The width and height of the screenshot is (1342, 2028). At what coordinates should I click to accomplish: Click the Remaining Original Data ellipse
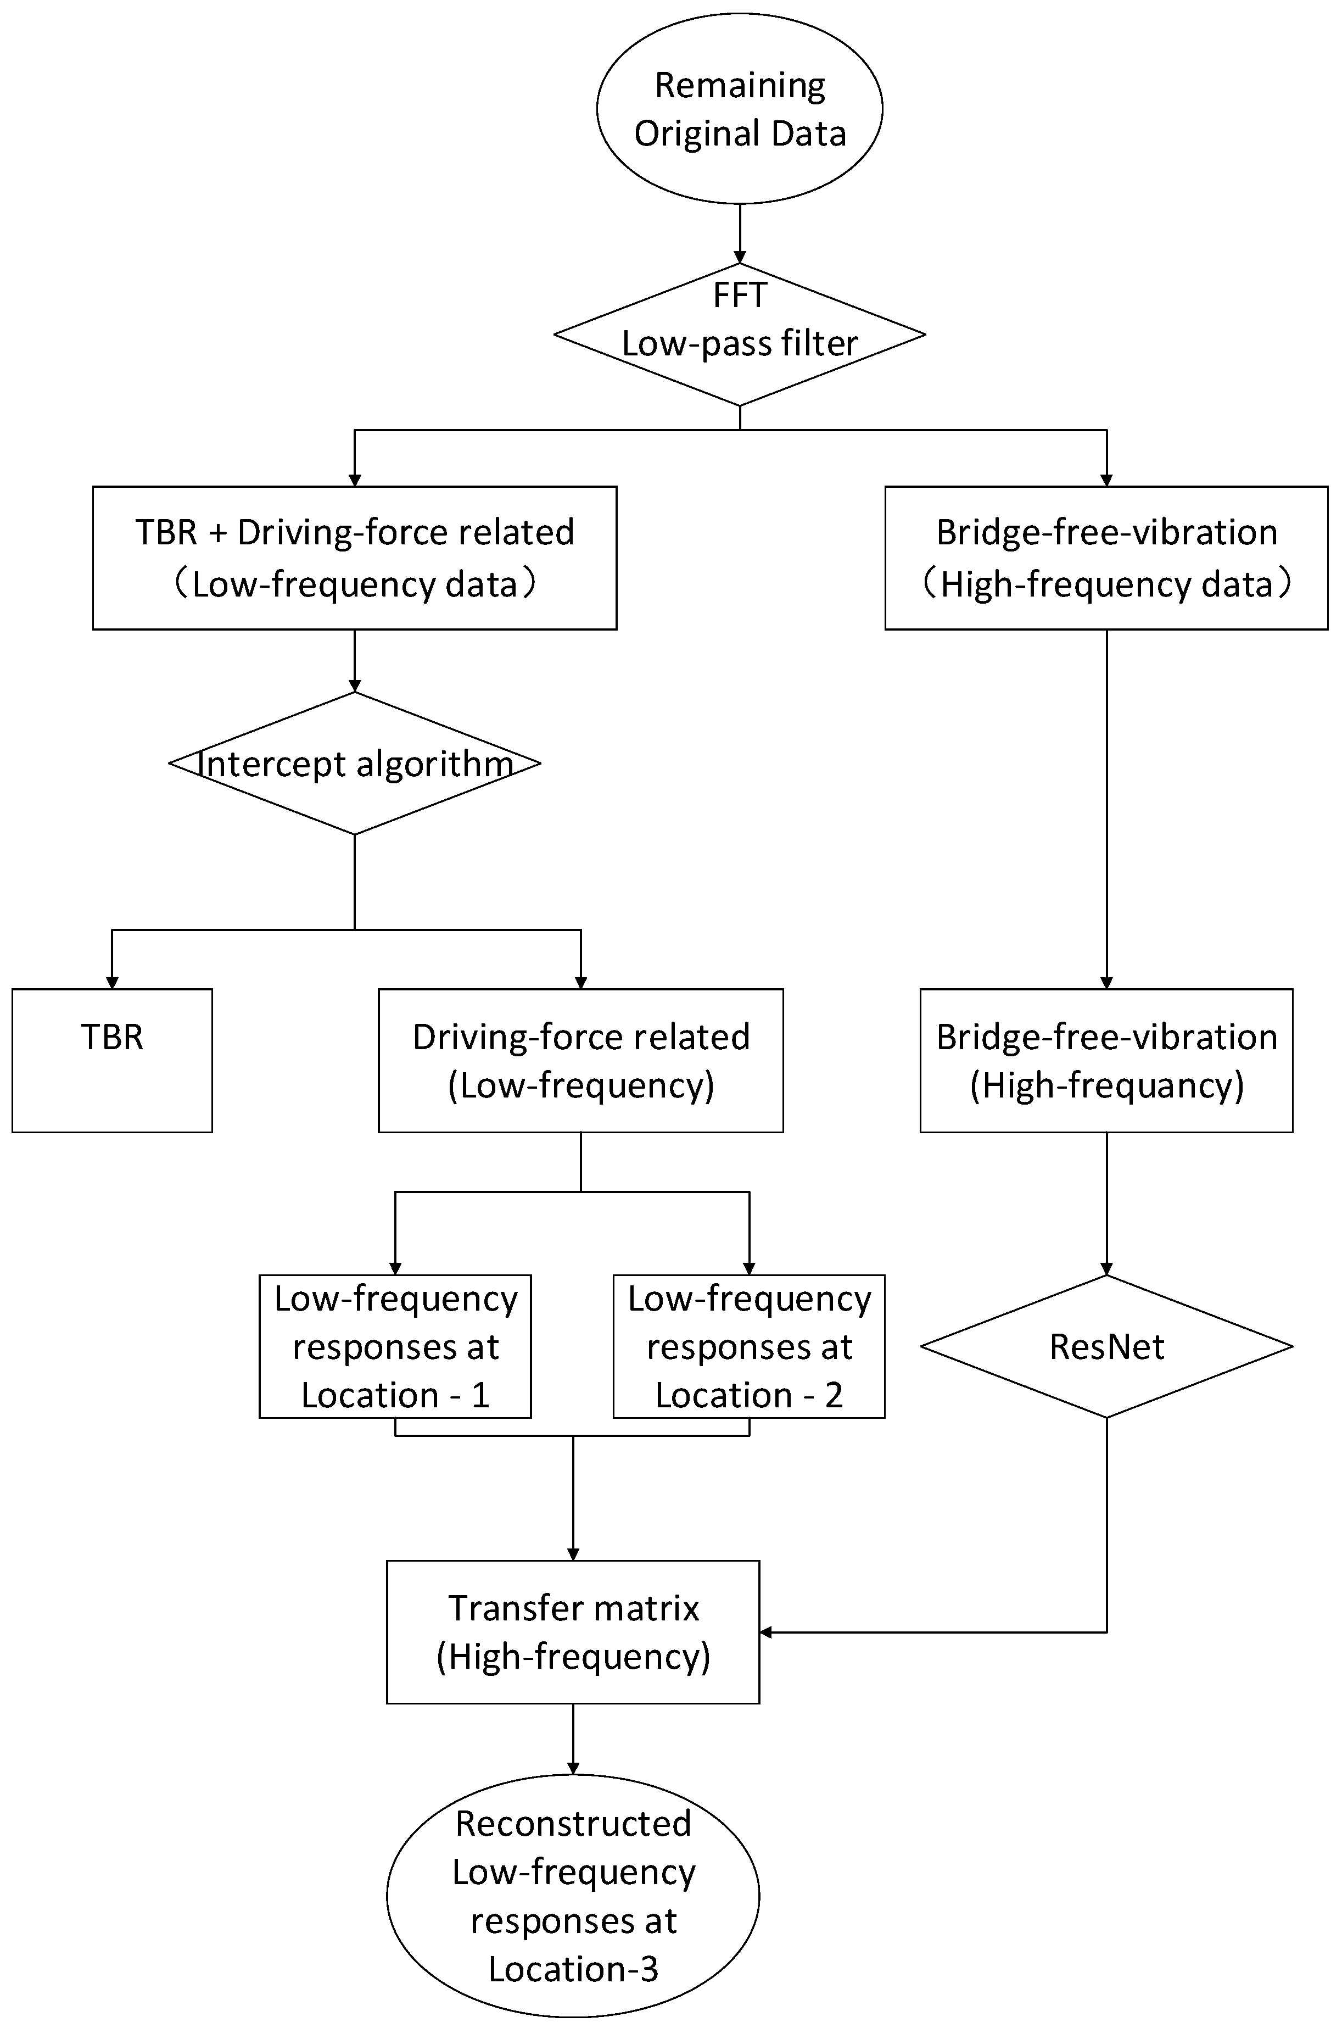740,109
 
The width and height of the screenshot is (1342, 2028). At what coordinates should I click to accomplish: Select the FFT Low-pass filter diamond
740,334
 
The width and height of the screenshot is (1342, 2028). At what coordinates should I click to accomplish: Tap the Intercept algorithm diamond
354,763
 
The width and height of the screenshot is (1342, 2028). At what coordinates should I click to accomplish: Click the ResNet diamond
1106,1346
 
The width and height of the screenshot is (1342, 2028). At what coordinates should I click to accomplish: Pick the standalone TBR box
112,1061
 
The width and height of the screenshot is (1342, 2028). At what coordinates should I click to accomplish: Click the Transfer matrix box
573,1631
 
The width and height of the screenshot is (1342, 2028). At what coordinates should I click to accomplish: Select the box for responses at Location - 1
395,1346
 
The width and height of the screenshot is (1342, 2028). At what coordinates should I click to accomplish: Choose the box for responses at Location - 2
749,1346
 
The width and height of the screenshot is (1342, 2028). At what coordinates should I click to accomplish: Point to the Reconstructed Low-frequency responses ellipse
573,1895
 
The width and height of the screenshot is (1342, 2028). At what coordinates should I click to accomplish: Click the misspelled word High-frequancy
1106,1085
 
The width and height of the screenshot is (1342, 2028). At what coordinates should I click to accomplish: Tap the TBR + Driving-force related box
354,558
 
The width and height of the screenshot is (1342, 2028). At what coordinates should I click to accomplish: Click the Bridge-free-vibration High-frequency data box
1106,558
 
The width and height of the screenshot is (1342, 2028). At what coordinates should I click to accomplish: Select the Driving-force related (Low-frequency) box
580,1061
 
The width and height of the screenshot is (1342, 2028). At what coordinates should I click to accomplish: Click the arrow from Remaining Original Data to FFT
740,233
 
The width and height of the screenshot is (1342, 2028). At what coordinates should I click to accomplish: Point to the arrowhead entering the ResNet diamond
1106,1269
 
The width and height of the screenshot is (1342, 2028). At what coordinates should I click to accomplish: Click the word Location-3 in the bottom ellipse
573,1969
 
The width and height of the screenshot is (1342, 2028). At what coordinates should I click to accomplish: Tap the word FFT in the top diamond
740,296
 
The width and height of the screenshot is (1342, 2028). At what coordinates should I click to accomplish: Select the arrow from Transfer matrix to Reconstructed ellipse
573,1738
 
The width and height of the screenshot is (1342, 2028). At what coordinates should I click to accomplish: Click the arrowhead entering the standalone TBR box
112,983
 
